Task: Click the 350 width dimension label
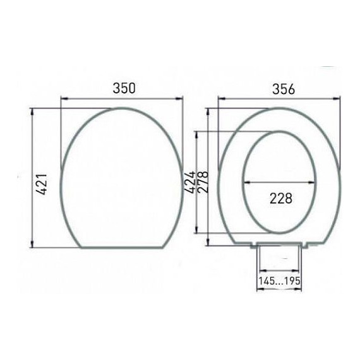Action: click(124, 88)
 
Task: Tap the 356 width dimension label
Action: click(284, 89)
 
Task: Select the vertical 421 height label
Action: click(42, 184)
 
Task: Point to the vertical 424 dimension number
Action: click(190, 182)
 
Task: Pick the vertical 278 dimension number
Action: click(203, 182)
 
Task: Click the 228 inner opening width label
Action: click(281, 198)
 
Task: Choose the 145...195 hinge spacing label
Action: click(279, 280)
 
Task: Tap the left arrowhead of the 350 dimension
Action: click(64, 99)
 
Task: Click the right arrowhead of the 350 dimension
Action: click(179, 99)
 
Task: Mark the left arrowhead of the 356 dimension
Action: click(222, 99)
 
